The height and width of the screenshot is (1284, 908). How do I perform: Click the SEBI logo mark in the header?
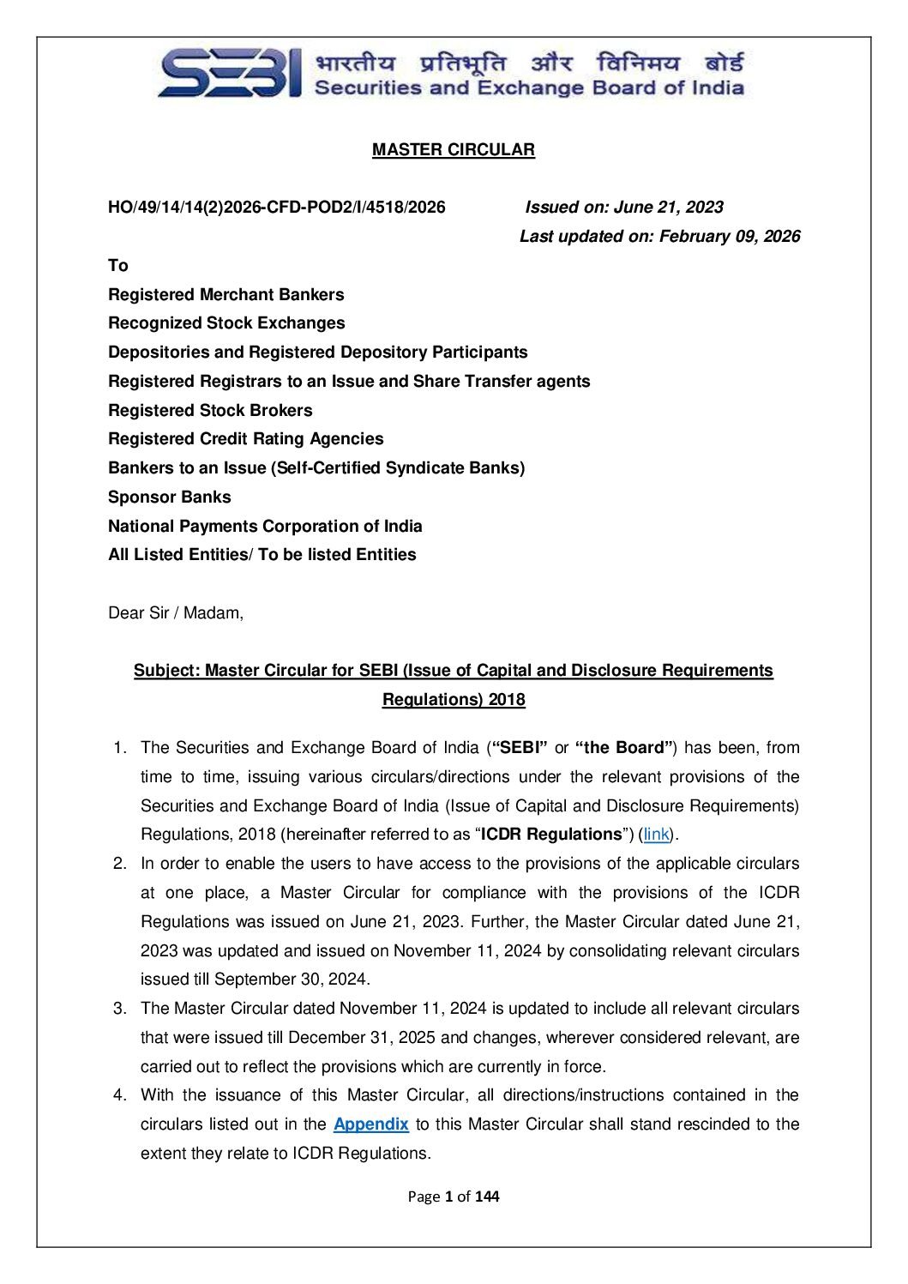[x=230, y=74]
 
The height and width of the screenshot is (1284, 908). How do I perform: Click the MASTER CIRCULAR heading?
[x=453, y=150]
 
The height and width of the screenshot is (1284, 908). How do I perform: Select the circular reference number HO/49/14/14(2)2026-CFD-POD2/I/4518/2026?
[x=276, y=208]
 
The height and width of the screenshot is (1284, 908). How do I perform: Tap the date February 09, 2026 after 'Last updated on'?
[x=730, y=237]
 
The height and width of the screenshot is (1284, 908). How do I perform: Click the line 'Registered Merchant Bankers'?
[x=225, y=295]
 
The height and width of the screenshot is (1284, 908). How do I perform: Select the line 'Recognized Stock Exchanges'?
[x=226, y=323]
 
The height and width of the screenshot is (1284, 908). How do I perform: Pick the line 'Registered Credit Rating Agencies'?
[x=245, y=439]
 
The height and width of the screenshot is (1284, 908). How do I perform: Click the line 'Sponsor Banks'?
[x=169, y=497]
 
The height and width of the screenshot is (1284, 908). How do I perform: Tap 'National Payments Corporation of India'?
[x=265, y=527]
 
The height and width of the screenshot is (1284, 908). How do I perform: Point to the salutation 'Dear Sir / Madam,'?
[x=176, y=613]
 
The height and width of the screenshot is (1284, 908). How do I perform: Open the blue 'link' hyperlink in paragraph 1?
[x=656, y=835]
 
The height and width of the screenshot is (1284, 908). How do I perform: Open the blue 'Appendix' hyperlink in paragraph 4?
[x=370, y=1124]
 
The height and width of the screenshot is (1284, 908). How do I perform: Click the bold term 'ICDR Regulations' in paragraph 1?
[x=551, y=835]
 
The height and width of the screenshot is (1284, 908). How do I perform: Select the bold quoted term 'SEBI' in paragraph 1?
[x=519, y=748]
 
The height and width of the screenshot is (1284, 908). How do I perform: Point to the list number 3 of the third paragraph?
[x=119, y=1009]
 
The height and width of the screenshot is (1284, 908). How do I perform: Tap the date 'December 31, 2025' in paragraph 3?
[x=362, y=1038]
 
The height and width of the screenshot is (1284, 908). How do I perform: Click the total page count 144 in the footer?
[x=487, y=1197]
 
